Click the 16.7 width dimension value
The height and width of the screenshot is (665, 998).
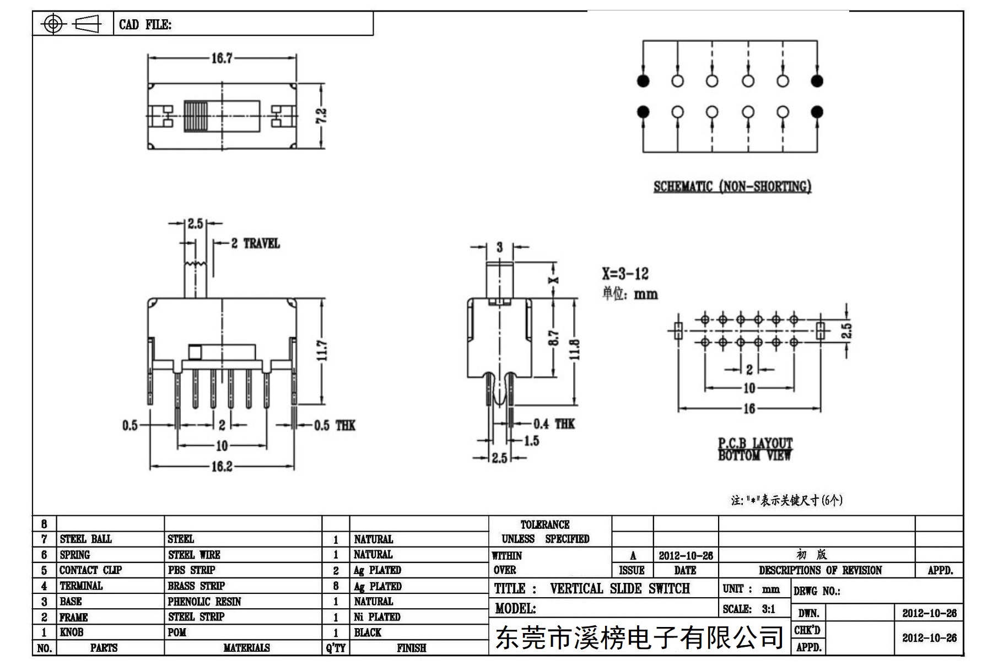pos(222,58)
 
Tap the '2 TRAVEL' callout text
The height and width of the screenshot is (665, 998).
pos(255,243)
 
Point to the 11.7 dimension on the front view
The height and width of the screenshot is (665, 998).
pos(322,350)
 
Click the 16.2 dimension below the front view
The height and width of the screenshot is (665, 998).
pos(222,467)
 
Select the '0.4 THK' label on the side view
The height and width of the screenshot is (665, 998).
pos(554,424)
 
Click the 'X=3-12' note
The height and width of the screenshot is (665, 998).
pos(625,274)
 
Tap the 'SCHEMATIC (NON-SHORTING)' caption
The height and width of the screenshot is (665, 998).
pos(732,187)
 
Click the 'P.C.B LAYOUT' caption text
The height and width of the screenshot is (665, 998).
pos(755,443)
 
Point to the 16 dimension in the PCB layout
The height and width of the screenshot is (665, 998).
pos(749,408)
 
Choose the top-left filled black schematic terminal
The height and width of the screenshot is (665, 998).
pos(643,81)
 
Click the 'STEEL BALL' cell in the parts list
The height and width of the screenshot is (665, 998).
pos(86,539)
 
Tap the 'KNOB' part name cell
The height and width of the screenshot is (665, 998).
pos(72,632)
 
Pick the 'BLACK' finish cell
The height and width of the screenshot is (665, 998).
pos(368,632)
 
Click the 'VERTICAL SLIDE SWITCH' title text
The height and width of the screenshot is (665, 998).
pos(619,588)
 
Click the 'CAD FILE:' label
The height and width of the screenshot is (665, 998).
pos(145,24)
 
